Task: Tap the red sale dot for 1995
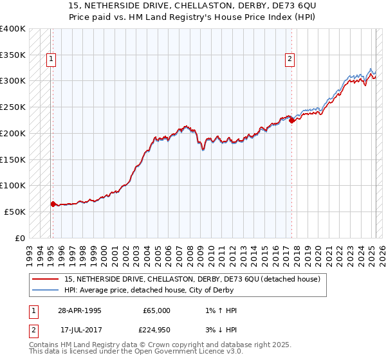[53, 204]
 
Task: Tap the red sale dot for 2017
[291, 120]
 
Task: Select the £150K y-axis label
[13, 159]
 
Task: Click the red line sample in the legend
[46, 279]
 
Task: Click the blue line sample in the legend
[46, 290]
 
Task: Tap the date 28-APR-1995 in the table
[79, 310]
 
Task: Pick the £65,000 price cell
[156, 310]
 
